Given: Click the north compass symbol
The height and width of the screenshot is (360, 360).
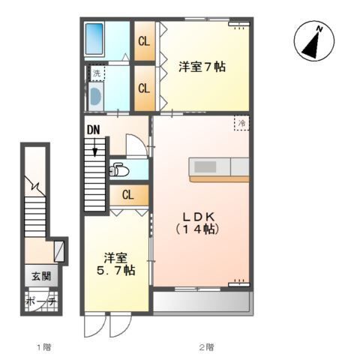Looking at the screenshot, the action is (314, 40).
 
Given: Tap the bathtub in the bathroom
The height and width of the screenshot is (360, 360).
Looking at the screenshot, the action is (94, 39).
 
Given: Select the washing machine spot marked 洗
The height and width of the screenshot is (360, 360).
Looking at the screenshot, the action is (97, 73).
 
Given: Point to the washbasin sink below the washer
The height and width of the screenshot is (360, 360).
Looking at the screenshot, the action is (95, 97).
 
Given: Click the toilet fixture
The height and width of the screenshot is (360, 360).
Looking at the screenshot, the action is (119, 170).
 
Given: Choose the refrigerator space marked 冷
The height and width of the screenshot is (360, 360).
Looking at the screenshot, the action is (241, 123).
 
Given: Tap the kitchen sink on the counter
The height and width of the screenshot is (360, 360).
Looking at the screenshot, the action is (205, 166).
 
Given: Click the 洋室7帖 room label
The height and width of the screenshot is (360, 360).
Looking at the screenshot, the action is (202, 67).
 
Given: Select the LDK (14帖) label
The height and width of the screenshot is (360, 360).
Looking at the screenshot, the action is (198, 223).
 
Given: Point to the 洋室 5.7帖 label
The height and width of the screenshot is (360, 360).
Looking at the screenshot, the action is (116, 264).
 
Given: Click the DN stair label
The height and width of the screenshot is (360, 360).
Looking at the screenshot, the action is (94, 130).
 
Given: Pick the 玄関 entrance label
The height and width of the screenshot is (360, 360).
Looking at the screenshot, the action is (41, 276).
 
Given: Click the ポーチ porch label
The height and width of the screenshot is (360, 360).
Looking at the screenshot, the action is (41, 302).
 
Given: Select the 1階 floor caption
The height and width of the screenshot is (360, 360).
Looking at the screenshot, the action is (44, 347).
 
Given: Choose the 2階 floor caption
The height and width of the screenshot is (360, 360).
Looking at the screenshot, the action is (206, 347).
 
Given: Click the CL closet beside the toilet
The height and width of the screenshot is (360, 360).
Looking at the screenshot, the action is (129, 195).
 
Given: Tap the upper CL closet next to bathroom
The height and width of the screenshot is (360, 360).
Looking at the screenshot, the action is (145, 41).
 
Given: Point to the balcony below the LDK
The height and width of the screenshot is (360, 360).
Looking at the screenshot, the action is (201, 301).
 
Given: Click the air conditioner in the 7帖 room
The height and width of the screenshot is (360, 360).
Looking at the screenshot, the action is (239, 24).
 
